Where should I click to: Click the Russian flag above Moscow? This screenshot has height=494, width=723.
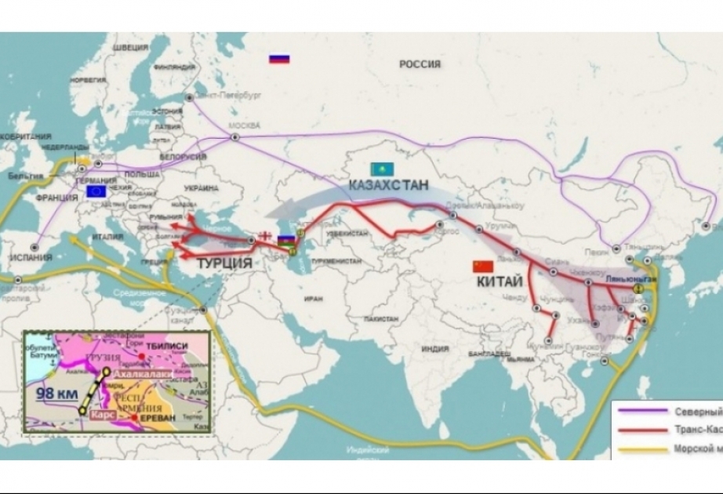click(x=278, y=59)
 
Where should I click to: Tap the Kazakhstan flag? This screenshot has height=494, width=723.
click(x=382, y=169)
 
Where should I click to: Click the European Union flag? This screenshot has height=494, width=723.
click(x=98, y=190)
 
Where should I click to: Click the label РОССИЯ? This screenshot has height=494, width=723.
click(x=420, y=64)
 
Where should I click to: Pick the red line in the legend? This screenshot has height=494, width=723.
click(x=641, y=430)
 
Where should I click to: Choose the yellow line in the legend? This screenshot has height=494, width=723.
click(x=641, y=449)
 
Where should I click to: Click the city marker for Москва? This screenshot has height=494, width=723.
click(x=234, y=137)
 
